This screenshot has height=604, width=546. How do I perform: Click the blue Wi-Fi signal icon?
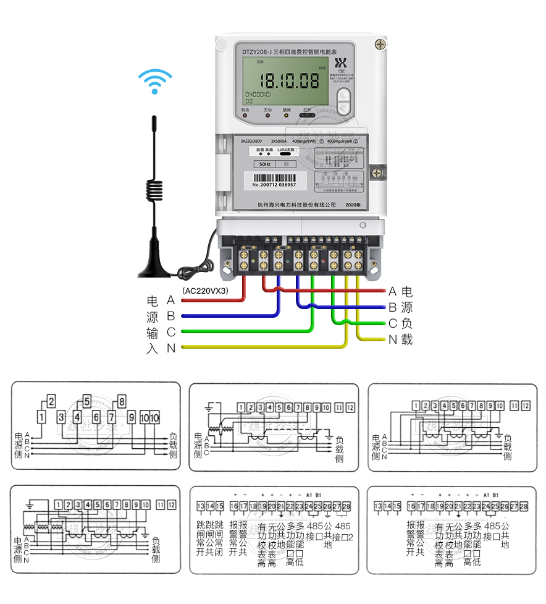pos(155,82)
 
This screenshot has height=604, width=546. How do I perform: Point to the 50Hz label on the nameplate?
pos(266,165)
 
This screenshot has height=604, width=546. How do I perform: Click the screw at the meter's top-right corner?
pos(380,43)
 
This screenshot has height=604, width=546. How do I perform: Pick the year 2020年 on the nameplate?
pos(353,204)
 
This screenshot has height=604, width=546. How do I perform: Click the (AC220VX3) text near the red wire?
pos(205,290)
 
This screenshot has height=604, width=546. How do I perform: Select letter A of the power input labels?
pos(171,300)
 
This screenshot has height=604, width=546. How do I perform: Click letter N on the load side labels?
pos(392,339)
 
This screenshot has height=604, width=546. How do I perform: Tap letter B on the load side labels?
pos(392,307)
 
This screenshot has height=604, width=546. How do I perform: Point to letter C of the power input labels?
pos(171,333)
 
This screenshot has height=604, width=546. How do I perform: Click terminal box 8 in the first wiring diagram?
pos(122,401)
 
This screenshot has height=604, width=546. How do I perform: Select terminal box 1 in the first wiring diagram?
pos(41,416)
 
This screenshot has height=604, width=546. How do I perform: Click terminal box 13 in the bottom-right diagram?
pos(378,506)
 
